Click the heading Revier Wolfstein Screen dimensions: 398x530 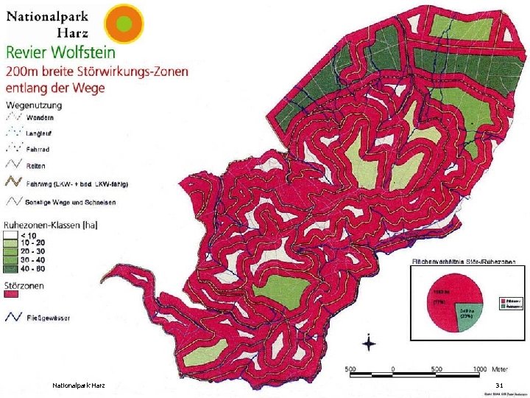click(x=60, y=52)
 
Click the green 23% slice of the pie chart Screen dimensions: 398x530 click(x=467, y=312)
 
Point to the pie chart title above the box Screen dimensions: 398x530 click(x=462, y=262)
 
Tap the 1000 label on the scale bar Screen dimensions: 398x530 click(x=480, y=369)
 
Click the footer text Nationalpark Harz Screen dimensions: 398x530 click(x=79, y=385)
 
